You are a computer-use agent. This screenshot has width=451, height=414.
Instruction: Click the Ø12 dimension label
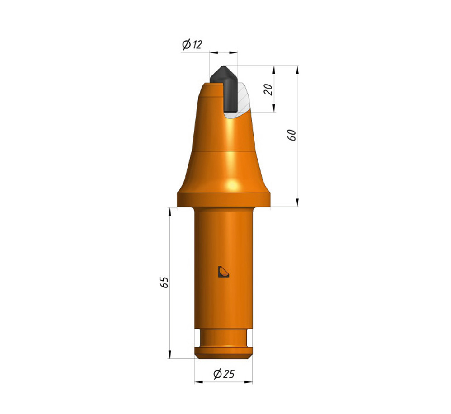tap(192, 45)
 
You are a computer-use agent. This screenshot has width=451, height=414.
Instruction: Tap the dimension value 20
tap(268, 90)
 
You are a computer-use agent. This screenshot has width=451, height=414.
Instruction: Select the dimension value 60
tap(291, 135)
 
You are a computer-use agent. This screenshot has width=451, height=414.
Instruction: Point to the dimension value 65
tap(164, 282)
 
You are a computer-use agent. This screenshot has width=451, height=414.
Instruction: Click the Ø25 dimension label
tap(224, 374)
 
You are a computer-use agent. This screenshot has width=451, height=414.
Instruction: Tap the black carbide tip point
tap(223, 67)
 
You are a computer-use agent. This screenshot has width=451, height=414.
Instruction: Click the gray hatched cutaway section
tap(240, 101)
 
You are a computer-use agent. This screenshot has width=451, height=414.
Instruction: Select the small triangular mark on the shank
tap(223, 272)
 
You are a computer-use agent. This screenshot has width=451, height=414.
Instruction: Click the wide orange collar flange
tap(224, 200)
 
